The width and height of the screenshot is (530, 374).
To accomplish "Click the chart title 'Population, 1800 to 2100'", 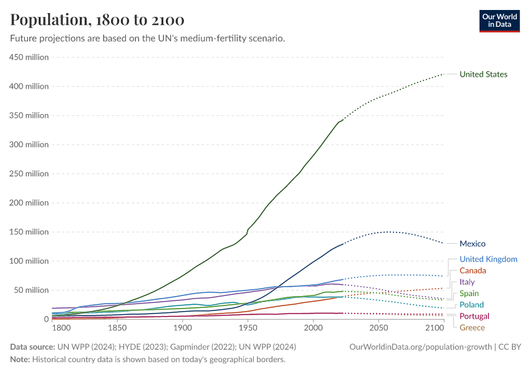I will tap(97, 20).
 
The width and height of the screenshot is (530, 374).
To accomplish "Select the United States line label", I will tap(483, 74).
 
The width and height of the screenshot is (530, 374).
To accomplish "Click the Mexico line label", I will tap(472, 244).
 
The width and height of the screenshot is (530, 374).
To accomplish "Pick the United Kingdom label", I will tap(488, 259).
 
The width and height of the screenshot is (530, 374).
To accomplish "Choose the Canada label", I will tap(473, 271).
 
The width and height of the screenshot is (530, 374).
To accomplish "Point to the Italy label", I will tap(467, 282).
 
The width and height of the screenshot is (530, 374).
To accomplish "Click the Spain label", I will tap(469, 294).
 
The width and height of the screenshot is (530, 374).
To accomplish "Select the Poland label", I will tap(471, 305).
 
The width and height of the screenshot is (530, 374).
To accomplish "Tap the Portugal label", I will tap(474, 316).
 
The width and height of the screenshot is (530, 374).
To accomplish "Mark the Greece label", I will tap(472, 327).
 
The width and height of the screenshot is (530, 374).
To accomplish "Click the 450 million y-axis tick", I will tap(28, 57).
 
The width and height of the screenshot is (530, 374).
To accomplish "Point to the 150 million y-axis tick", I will tap(28, 232).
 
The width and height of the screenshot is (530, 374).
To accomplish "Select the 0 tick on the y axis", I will tap(46, 319).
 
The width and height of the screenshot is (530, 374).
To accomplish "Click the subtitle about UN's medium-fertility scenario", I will tap(148, 39).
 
